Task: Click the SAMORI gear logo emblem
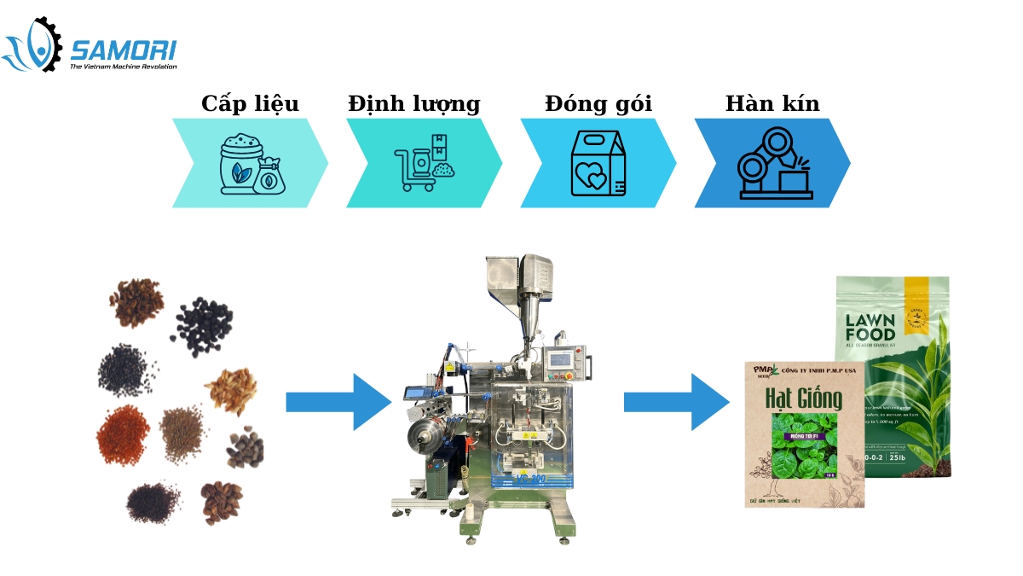coord(33,44)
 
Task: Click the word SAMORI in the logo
coord(123,49)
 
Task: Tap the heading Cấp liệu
coord(250,104)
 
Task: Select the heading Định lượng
coord(413,104)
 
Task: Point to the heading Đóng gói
coord(598,104)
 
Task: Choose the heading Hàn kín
coord(772,104)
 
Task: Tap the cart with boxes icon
coord(425,163)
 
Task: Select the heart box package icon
coord(598,163)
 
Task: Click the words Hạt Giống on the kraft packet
coord(803,398)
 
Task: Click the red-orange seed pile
coord(124,433)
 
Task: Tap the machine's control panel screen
coord(560,359)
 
